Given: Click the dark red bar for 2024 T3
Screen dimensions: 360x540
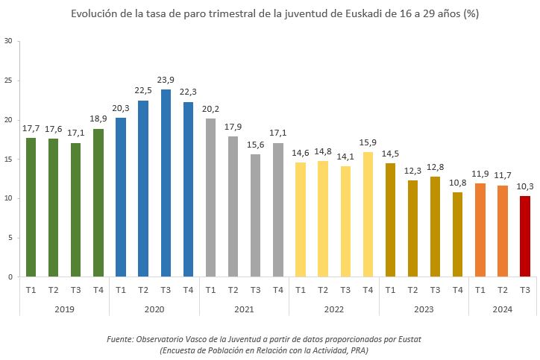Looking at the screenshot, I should [525, 236].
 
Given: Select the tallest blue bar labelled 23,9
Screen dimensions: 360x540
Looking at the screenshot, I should [166, 183].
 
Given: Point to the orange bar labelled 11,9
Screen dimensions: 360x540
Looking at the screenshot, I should [480, 230].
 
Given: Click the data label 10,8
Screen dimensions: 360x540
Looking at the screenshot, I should [457, 183].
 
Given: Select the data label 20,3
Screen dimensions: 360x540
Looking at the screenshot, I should [121, 108].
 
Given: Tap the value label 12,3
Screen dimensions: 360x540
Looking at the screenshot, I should [412, 171].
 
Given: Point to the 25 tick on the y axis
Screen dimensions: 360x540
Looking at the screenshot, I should [7, 80].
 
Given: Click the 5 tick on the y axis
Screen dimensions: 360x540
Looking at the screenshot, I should [10, 238].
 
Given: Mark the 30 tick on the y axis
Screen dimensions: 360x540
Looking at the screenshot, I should [7, 41].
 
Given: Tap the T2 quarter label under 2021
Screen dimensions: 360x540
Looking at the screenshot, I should [233, 290].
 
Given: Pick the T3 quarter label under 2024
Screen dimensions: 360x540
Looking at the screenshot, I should [525, 290].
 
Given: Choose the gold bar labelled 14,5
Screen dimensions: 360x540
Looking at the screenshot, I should [390, 220].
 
